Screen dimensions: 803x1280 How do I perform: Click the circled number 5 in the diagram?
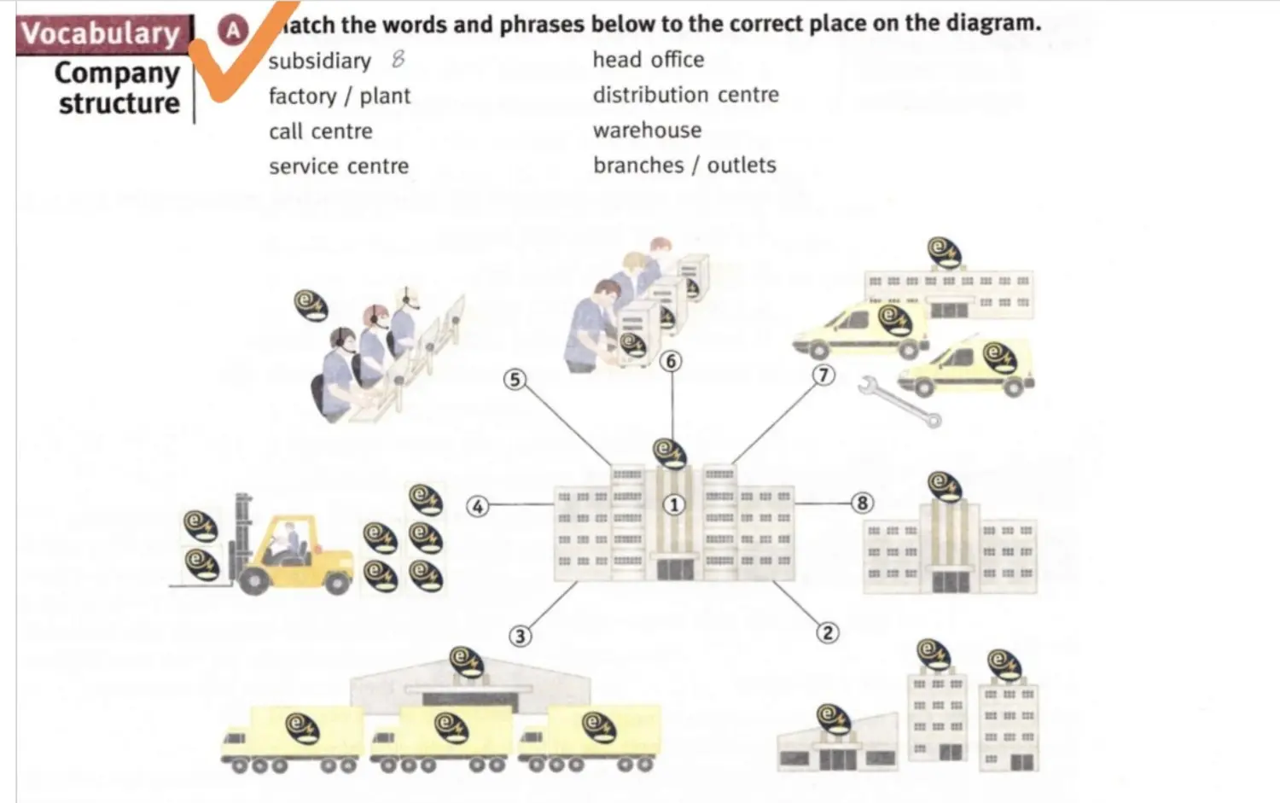[514, 379]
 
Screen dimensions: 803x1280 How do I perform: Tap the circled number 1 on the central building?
[674, 504]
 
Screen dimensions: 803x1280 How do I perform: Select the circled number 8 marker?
[863, 503]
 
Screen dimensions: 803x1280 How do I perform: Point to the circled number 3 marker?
[520, 636]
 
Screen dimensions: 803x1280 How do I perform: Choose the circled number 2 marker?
[827, 632]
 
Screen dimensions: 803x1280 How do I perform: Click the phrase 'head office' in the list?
[649, 60]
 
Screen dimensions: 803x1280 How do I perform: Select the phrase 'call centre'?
[320, 131]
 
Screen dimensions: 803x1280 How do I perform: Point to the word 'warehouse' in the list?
[647, 131]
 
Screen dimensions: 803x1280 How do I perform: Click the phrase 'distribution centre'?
[685, 95]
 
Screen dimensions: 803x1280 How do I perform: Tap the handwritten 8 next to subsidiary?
[398, 59]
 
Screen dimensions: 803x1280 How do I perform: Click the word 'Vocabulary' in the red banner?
[101, 33]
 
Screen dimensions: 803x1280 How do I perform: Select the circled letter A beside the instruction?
[232, 31]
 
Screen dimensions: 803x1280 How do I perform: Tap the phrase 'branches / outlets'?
[684, 166]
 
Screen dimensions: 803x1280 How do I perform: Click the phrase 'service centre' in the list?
[339, 166]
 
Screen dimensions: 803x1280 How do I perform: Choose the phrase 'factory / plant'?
[340, 96]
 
